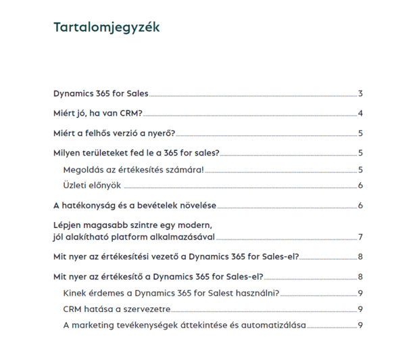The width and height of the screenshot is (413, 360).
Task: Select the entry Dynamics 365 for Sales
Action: point(101,93)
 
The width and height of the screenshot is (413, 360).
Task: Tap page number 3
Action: point(362,93)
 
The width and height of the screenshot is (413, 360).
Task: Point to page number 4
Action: point(362,113)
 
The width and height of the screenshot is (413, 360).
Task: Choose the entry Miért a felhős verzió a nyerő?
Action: point(114,133)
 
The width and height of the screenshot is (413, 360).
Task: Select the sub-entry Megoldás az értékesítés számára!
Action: point(132,169)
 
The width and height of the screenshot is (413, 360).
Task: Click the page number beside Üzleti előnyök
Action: point(362,186)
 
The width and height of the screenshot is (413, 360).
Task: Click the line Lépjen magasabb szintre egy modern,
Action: point(133,225)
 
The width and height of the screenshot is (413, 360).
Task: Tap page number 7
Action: point(362,237)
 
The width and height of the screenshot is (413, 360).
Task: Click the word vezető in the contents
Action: point(170,257)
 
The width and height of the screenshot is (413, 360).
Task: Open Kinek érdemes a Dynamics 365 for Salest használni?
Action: point(170,293)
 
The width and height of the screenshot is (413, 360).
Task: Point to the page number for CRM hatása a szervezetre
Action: point(362,309)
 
